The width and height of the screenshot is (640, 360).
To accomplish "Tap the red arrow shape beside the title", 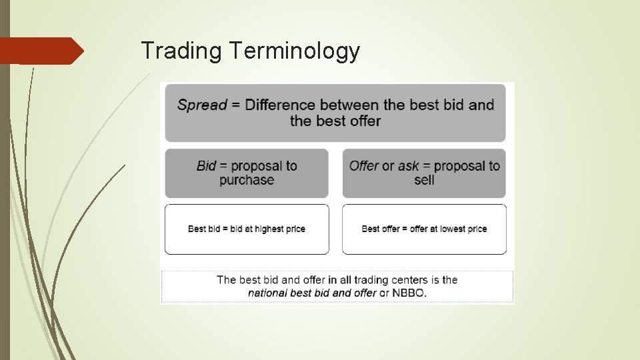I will coord(42,51).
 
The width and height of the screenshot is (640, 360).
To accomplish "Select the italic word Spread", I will coord(202,105).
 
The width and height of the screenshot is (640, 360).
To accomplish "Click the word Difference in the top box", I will coord(280,105).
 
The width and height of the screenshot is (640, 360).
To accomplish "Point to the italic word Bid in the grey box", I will coord(207,166).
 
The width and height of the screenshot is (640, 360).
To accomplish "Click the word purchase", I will coord(247,180).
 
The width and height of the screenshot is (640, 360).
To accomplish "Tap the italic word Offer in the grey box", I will coord(364,166).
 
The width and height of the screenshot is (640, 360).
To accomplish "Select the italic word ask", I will coord(409,166).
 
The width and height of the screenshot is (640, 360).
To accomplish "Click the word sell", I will coord(424,180).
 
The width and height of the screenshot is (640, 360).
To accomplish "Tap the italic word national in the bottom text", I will coord(269,293).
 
